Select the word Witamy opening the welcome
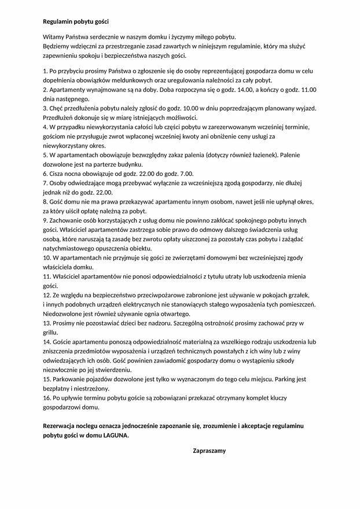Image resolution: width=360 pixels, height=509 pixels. pos(54,36)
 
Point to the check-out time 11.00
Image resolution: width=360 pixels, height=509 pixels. pos(307,90)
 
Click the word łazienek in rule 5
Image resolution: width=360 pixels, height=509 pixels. pos(265,154)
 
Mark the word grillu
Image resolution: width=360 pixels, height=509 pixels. pos(51,332)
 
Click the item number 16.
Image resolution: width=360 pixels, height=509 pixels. pos(47,397)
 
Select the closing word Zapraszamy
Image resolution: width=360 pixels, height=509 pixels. pos(209,450)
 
